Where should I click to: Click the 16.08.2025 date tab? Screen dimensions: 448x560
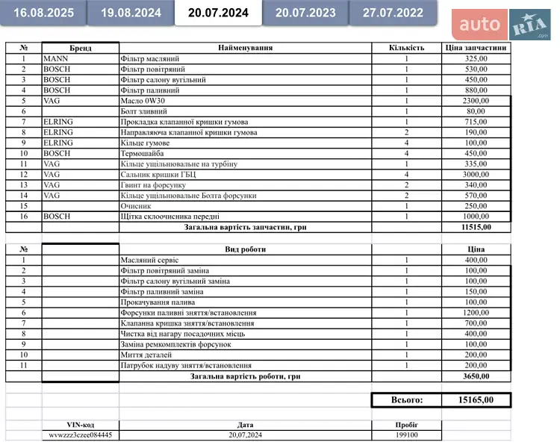coord(43,13)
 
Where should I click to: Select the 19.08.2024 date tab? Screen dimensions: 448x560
coord(131,13)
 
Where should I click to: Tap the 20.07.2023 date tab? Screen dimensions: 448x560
coord(305,13)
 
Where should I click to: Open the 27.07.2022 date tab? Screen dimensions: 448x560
coord(393,13)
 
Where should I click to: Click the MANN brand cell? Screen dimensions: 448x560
coord(56,58)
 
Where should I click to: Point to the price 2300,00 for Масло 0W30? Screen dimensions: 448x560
coord(475,100)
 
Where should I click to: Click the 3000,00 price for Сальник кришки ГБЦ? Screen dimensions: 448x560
coord(475,174)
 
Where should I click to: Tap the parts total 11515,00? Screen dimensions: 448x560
coord(476,227)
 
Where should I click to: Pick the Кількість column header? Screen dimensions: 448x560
coord(406,48)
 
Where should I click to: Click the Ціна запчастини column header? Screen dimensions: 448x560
coord(476,48)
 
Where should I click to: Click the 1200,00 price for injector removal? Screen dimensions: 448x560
coord(475,313)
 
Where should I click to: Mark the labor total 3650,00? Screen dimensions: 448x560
coord(476,377)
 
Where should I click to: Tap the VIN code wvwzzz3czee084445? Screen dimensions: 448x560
coord(81,435)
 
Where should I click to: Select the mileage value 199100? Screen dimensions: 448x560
coord(406,435)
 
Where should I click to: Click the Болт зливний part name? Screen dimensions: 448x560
coord(143,111)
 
